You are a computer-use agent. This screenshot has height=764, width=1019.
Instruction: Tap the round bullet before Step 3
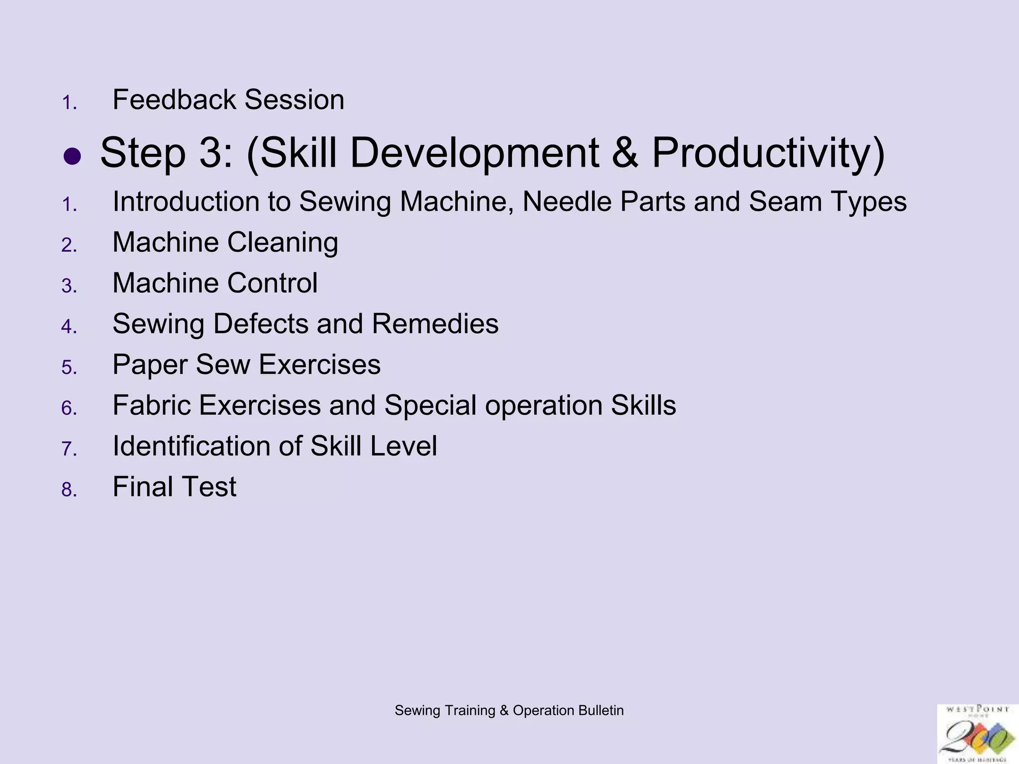click(72, 157)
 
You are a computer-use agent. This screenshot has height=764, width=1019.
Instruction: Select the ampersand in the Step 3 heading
click(625, 153)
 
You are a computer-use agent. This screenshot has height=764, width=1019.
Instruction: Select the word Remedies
click(434, 324)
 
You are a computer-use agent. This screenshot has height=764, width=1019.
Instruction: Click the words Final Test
click(174, 486)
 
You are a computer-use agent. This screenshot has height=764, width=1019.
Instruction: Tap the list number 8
click(69, 489)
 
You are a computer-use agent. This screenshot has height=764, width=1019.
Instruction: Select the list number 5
click(69, 368)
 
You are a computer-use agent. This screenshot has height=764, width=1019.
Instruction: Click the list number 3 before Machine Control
click(69, 286)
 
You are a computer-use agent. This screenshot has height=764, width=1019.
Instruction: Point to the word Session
click(294, 99)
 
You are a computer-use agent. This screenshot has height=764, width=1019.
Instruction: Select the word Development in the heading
click(474, 153)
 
